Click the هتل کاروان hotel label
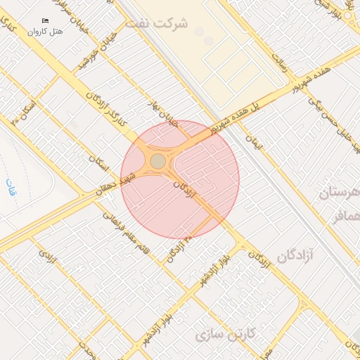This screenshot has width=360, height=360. (x=46, y=31)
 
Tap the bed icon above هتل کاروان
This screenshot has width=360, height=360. (x=46, y=21)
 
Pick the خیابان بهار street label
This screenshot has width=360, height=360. (x=159, y=115)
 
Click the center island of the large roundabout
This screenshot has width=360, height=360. (x=158, y=162)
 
